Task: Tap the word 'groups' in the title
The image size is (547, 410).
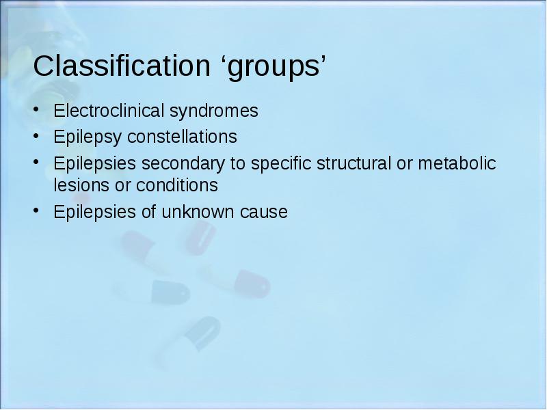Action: coord(274,68)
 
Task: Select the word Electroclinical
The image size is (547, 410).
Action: coord(109,111)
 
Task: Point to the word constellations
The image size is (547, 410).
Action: coord(182,136)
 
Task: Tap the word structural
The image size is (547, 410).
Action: coord(353,163)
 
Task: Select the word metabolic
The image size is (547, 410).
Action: coord(457,163)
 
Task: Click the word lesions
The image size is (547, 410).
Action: coord(81,184)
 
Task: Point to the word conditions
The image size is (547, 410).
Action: coord(177,184)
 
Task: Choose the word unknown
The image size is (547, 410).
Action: coord(198,212)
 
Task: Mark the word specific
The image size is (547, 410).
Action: coord(281,164)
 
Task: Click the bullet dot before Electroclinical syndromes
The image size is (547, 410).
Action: coord(36,109)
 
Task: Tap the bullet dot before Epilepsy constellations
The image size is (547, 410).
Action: coord(36,135)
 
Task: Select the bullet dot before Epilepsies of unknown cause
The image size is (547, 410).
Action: coord(36,210)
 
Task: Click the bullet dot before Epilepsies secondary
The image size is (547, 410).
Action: coord(36,162)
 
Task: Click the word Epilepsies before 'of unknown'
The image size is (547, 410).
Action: coord(94,213)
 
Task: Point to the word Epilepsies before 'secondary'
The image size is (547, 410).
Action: coord(94,164)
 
